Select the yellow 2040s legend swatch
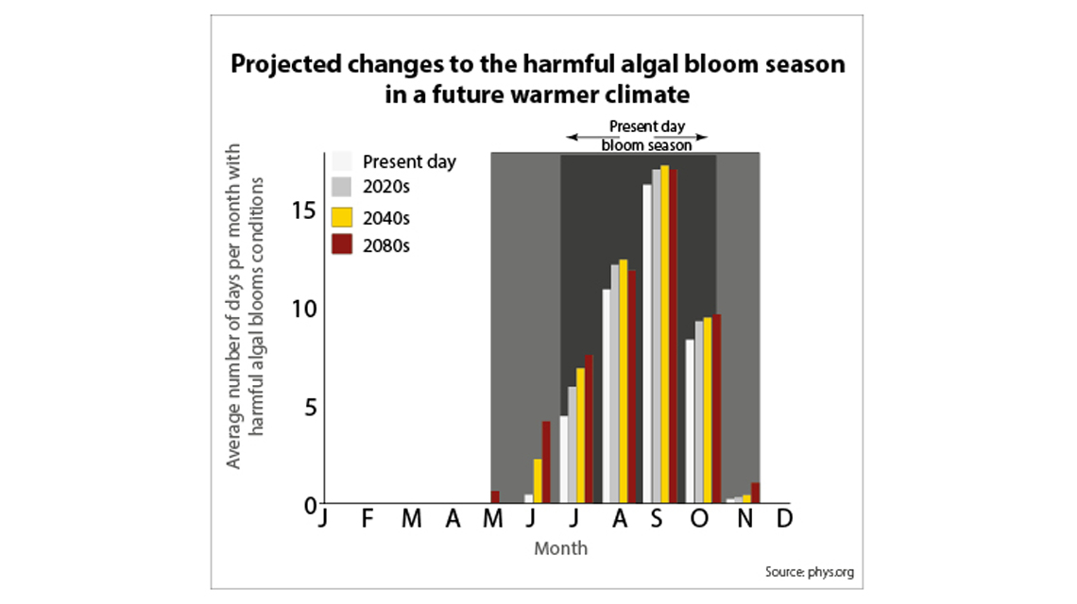pos(342,216)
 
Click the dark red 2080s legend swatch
pos(342,244)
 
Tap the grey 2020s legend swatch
pos(342,186)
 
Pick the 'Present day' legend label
pos(409,161)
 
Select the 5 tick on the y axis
pos(308,408)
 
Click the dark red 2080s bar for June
pos(546,461)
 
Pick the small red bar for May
pos(495,496)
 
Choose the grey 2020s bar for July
pos(572,445)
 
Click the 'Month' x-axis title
pos(560,548)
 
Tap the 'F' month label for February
pos(367,519)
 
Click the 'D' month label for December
pos(783,519)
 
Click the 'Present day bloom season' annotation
pos(647,136)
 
